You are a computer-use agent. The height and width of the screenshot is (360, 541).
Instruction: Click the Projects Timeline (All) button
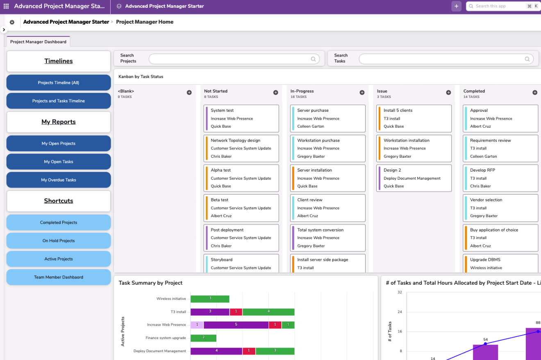(59, 83)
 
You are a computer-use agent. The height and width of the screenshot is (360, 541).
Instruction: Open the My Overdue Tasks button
(59, 180)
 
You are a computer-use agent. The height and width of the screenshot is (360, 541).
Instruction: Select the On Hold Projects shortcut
(59, 241)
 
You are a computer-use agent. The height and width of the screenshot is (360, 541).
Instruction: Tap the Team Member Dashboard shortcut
(59, 277)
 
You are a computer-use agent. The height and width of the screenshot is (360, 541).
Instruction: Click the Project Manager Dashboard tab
(38, 42)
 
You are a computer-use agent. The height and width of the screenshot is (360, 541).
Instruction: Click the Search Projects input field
(230, 59)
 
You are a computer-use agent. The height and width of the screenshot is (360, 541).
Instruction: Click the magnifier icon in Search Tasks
(527, 59)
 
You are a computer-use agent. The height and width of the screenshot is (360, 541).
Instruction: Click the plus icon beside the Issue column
(448, 93)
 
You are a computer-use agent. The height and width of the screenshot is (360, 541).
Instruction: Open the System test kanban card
(241, 118)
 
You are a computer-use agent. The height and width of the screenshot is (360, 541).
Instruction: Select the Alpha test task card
(241, 178)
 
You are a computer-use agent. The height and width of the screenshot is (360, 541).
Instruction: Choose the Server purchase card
(327, 118)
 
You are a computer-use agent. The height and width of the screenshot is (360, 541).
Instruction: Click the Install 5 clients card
(414, 118)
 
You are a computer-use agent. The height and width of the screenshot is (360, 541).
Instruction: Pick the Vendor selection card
(500, 208)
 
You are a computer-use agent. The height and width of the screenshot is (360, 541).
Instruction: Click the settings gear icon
(12, 22)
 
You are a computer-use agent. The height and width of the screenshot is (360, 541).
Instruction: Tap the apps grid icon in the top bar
(6, 7)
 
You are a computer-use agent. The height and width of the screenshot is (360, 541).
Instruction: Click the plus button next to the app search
(456, 7)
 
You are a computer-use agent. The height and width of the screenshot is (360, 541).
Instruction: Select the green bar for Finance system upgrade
(203, 338)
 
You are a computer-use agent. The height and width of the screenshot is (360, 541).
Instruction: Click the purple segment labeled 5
(236, 325)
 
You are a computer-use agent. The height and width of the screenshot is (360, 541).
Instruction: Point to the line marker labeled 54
(486, 344)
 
